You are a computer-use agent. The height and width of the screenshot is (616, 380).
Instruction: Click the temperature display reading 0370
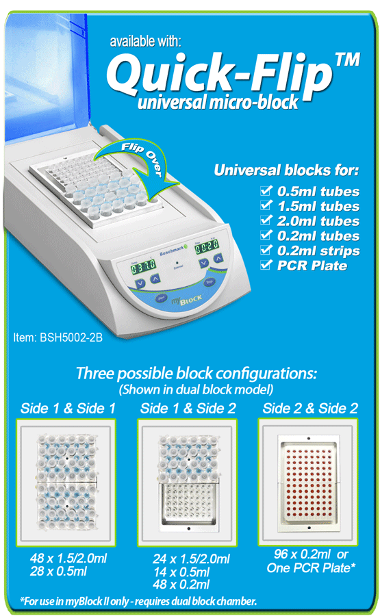[143, 268]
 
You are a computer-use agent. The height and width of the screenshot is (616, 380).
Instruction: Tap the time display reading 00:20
[207, 246]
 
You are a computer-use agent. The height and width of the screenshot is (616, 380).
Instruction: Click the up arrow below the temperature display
[155, 279]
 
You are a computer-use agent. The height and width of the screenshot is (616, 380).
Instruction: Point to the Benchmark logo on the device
[173, 250]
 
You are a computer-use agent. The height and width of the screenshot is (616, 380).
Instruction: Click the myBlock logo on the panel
[187, 300]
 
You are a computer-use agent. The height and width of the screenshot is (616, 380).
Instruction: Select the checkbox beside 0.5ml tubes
[266, 190]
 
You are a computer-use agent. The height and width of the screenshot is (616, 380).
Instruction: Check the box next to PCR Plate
[266, 265]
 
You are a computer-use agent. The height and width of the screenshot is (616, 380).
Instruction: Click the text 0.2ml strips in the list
[318, 251]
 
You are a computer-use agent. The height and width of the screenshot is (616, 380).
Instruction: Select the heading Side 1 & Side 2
[188, 409]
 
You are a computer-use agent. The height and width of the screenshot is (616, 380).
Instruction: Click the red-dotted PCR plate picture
[307, 482]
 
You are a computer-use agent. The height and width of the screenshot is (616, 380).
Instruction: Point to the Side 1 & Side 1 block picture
[66, 483]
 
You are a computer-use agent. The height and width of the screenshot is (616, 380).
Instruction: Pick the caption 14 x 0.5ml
[181, 572]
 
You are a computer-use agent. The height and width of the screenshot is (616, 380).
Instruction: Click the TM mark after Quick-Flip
[347, 60]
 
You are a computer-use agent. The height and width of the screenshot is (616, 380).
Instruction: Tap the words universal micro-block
[218, 103]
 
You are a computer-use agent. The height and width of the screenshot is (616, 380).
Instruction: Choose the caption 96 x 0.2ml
[302, 554]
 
